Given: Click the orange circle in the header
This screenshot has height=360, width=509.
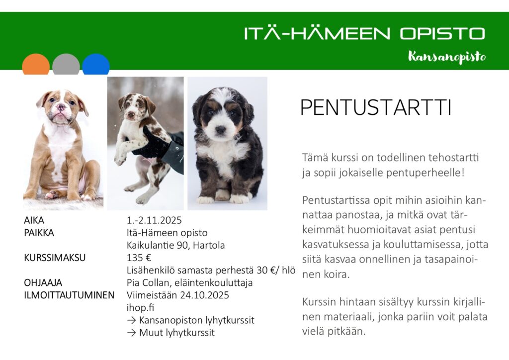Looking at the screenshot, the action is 36,64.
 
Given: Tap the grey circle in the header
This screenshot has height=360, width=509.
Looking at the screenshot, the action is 66,64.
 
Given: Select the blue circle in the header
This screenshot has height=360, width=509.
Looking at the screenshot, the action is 96,64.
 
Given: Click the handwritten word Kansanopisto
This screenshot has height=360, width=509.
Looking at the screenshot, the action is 447,57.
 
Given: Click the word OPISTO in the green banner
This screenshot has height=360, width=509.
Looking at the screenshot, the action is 442,33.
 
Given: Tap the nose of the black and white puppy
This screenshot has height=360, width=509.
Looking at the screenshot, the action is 220,130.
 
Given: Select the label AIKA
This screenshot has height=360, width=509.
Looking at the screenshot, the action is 34,220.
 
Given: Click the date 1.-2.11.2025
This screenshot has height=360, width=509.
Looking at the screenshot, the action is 154,220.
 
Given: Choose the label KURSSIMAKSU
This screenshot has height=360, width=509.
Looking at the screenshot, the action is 55,258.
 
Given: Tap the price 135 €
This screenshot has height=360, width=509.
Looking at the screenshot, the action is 139,258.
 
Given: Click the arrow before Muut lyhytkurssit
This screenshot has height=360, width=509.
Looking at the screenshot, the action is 131,333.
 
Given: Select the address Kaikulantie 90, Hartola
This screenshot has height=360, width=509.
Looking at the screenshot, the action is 175,245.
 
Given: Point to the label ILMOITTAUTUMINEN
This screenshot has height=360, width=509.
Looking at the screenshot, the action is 69,295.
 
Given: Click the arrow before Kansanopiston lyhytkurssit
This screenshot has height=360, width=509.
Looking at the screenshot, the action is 131,320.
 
